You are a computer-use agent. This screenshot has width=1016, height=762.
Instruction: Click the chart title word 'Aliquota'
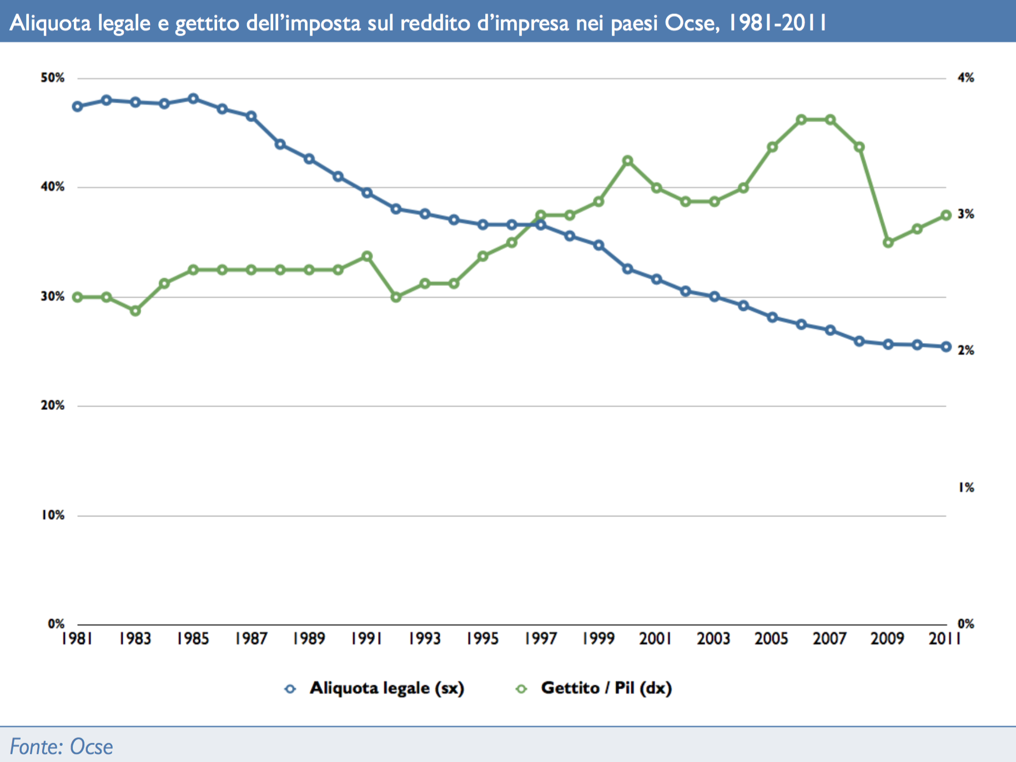point(50,23)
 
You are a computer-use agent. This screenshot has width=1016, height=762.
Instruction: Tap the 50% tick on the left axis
point(53,78)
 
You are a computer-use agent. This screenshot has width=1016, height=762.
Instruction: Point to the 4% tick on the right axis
point(965,78)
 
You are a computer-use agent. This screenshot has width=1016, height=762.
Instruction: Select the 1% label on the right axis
point(965,488)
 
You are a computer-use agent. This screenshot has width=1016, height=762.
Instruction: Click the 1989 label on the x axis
point(309,639)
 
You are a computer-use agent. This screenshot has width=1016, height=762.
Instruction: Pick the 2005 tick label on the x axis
point(772,639)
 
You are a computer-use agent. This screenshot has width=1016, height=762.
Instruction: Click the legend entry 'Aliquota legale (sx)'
point(386,688)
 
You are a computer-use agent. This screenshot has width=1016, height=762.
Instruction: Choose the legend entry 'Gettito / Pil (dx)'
point(606,688)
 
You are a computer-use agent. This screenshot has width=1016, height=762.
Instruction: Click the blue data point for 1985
point(193,99)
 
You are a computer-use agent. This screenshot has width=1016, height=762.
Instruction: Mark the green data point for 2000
point(627,161)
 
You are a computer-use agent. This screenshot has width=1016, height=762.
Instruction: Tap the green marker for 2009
point(888,243)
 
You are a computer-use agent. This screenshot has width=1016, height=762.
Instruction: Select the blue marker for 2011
point(945,347)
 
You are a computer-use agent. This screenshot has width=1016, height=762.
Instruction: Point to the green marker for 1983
point(135,311)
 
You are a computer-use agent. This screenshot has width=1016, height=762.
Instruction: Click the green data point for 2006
point(801,120)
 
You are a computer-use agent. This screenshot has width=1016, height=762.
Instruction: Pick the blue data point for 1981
point(78,107)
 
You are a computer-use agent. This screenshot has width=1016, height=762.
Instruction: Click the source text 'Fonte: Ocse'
point(61,746)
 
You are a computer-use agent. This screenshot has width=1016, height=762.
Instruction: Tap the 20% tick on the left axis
point(53,405)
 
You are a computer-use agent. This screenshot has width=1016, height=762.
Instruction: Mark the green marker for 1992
point(396,298)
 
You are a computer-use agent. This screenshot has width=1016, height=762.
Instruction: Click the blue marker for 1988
point(280,144)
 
